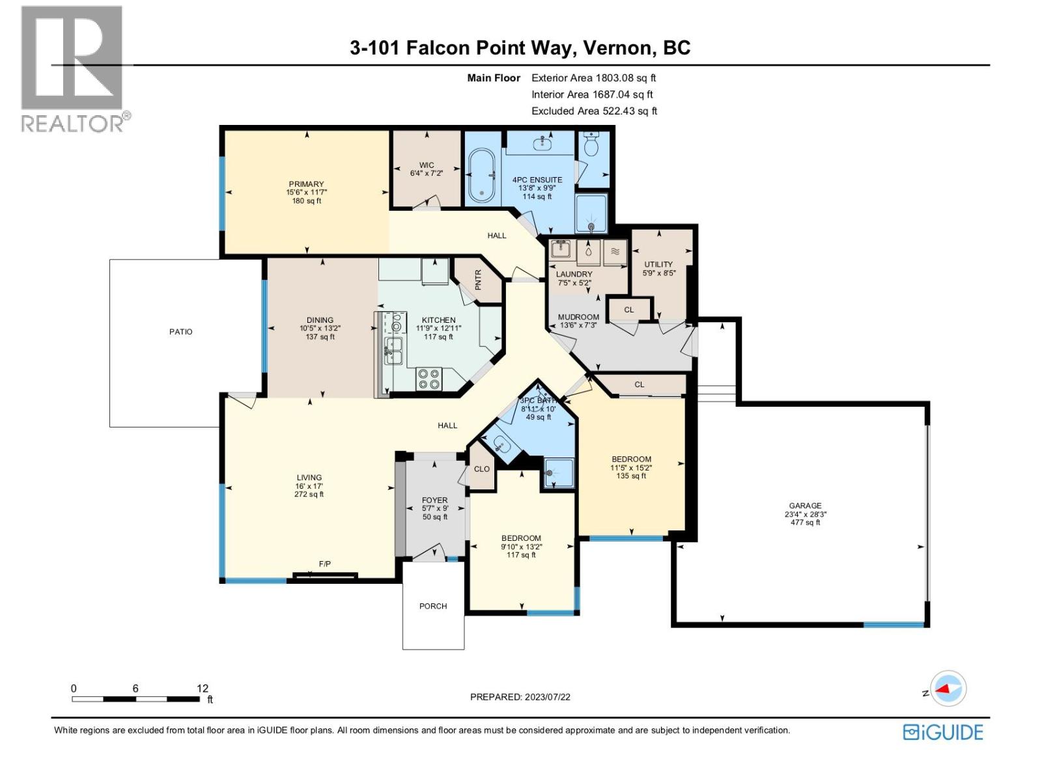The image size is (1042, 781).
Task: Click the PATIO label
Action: coord(180,332)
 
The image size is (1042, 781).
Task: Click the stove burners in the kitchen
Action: coord(429,379)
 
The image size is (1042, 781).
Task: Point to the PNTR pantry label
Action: coord(478,280)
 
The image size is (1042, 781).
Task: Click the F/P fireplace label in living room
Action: coord(324,564)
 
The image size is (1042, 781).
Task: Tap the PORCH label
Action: coord(433,606)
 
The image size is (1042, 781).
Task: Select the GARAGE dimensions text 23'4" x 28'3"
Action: coord(806,514)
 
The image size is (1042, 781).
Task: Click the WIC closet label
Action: coord(427,165)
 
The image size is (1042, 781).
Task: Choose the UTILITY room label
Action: coord(658,264)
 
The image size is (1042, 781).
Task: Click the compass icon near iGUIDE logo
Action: coord(948,689)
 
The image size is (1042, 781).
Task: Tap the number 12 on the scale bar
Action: coord(203,688)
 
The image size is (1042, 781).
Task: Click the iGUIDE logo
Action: coord(943,732)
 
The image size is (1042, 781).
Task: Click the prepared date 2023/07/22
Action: coord(547,697)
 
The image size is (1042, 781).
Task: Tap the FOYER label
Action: coord(434,500)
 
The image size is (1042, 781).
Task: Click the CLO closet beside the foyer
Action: coord(482,469)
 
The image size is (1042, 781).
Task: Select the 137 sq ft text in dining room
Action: coord(320,337)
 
